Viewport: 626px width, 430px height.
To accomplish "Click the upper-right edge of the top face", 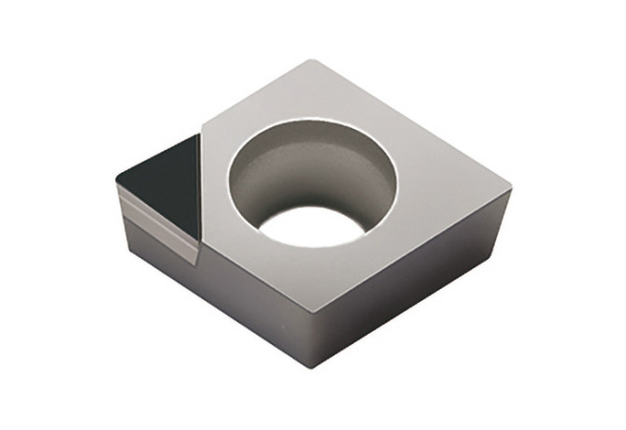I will click(416, 127).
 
